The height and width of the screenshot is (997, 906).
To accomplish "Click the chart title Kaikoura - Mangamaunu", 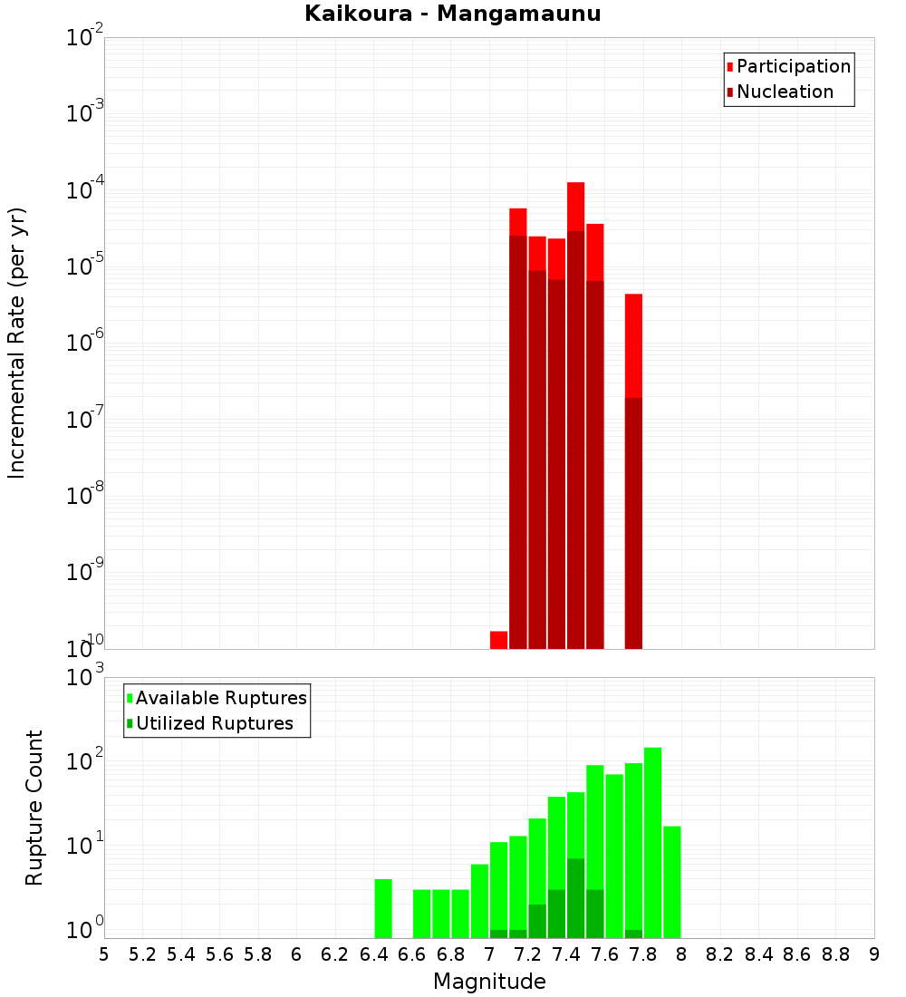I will (453, 14).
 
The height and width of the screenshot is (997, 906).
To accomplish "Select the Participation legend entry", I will (793, 66).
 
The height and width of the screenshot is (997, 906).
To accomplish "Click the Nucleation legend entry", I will (785, 92).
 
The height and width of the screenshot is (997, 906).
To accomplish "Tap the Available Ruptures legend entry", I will (221, 698).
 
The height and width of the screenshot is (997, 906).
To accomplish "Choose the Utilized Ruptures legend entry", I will (214, 723).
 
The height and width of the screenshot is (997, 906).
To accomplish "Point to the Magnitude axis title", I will (489, 982).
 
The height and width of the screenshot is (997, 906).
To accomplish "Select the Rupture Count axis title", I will (34, 807).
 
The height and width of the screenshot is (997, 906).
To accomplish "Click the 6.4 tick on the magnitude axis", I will (373, 954).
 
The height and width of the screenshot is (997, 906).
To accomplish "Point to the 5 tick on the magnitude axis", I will (103, 954).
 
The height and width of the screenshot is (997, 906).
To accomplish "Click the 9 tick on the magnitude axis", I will (874, 954).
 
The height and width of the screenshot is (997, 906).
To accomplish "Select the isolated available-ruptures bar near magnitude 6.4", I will (383, 908).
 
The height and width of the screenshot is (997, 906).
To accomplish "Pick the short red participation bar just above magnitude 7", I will (498, 640).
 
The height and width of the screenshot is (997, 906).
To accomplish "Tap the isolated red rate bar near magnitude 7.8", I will (633, 344).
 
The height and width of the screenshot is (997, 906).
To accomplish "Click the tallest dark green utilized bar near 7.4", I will (575, 897).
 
